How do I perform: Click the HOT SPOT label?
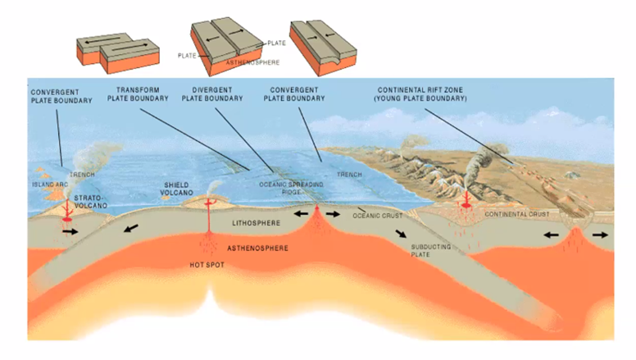click(208, 264)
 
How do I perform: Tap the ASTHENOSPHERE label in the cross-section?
click(257, 247)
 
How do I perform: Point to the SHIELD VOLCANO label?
click(180, 189)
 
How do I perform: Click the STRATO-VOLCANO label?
click(89, 202)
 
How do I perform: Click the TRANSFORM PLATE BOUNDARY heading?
click(138, 93)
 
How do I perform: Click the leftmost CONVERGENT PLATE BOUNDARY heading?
click(53, 94)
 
